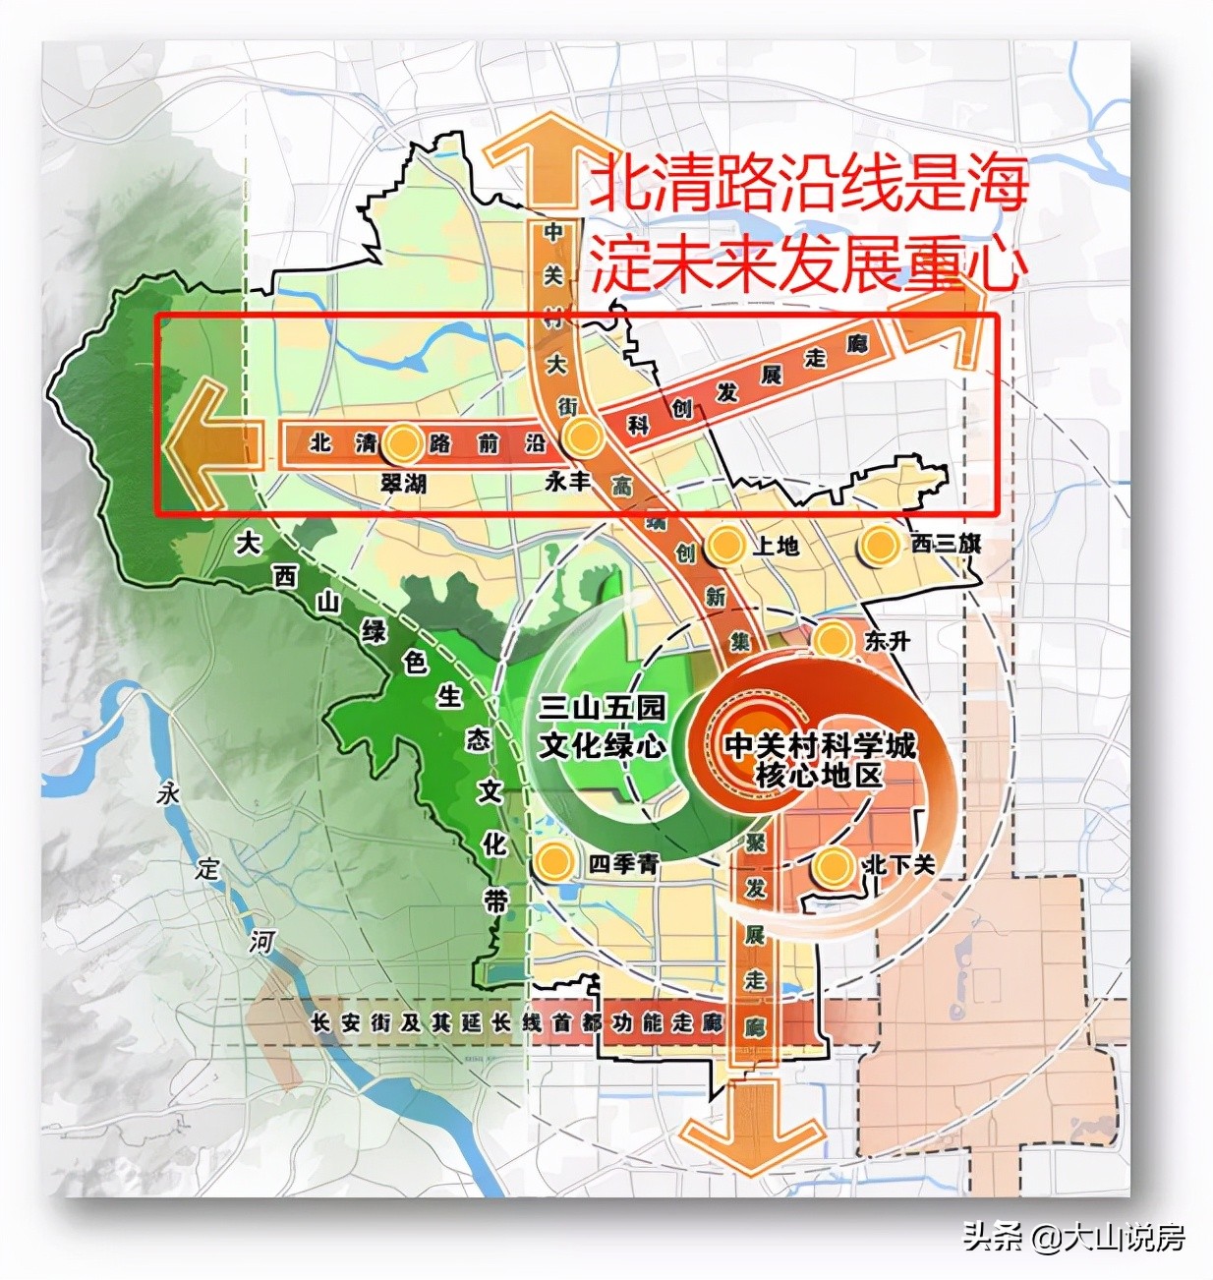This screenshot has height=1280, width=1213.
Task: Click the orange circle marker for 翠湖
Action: [401, 444]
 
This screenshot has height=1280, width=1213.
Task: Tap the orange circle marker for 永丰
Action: [581, 436]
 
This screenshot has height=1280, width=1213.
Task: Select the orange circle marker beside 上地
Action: [725, 546]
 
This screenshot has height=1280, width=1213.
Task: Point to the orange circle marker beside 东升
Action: [834, 641]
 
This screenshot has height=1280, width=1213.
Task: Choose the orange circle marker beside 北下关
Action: [834, 867]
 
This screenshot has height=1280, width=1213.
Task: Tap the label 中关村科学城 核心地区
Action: [819, 760]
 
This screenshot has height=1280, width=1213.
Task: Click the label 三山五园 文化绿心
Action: [602, 727]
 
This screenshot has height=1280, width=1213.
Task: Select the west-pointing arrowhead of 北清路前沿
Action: [202, 445]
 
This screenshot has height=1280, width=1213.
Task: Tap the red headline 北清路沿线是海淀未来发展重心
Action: [808, 224]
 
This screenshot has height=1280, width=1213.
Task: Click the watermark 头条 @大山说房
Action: [1073, 1236]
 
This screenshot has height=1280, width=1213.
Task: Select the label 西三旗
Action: [946, 544]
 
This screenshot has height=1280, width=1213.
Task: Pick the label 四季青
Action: [623, 864]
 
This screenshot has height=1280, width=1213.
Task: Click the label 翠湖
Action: [403, 484]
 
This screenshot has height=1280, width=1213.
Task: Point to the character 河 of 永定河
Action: [260, 942]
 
